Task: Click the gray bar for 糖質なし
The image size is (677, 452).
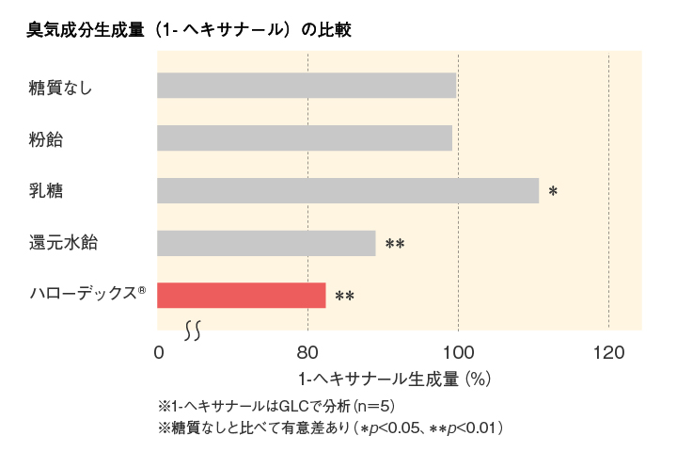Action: tap(306, 86)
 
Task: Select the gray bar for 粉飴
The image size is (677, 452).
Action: tap(304, 138)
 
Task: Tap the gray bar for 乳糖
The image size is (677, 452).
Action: tap(347, 190)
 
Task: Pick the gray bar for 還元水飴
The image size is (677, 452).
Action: tap(266, 243)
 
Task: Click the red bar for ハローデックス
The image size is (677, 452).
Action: tap(241, 295)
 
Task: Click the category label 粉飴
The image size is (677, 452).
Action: tap(46, 139)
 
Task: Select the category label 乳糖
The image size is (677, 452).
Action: tap(46, 191)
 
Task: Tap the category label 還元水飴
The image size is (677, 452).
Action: tap(63, 243)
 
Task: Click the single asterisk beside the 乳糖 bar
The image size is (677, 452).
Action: tap(553, 191)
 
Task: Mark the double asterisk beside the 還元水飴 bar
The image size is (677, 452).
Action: tap(395, 245)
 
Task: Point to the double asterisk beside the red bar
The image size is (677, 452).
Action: tap(344, 297)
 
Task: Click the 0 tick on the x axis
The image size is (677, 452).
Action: tap(158, 354)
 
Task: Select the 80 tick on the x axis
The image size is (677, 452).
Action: tap(307, 354)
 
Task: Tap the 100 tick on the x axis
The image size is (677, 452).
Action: tap(458, 354)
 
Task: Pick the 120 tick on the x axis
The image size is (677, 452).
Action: tap(608, 354)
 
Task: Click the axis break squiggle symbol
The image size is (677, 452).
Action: tap(194, 330)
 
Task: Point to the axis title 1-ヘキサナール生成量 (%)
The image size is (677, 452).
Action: tap(395, 380)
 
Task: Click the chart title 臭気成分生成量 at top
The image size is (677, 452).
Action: tap(189, 30)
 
